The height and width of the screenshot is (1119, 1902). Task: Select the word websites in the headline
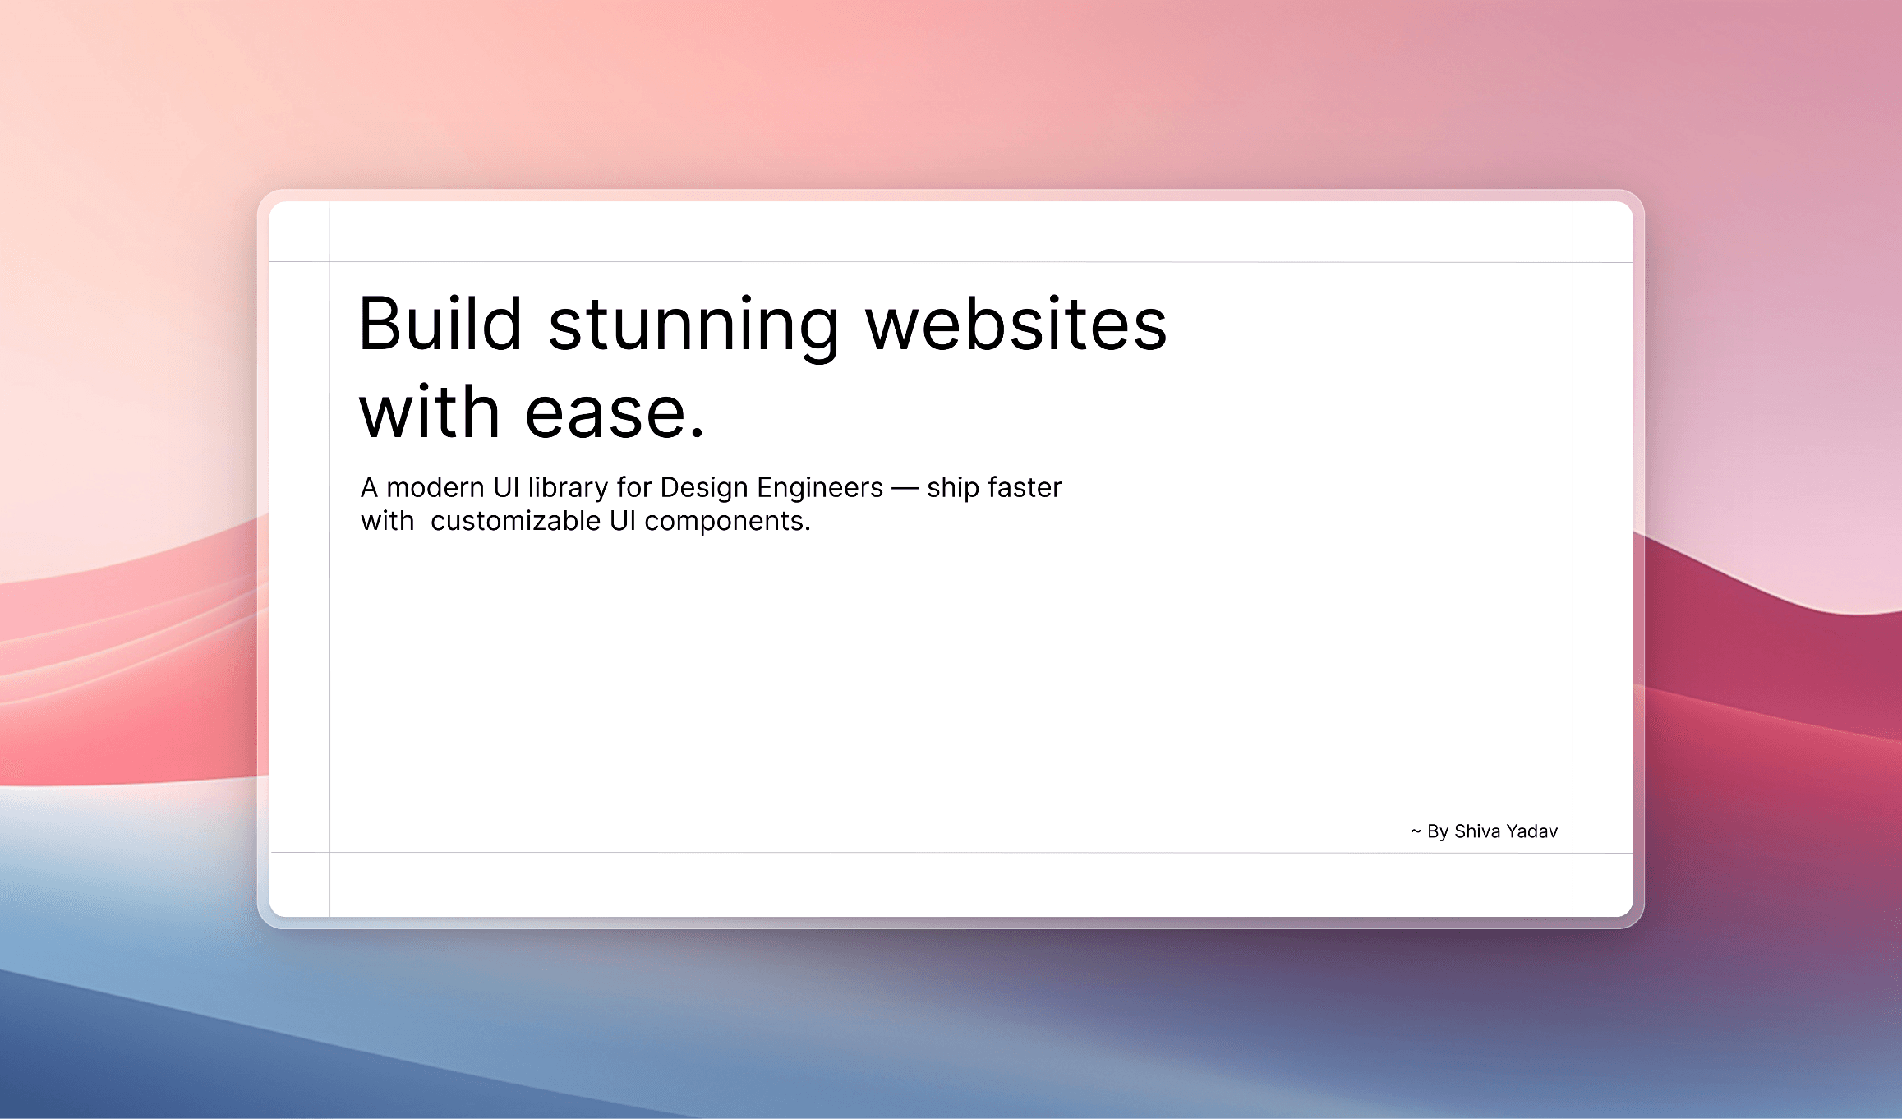[x=1016, y=324]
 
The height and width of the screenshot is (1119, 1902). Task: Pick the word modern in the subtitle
[x=435, y=488]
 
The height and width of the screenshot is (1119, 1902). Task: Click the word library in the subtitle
[x=569, y=489]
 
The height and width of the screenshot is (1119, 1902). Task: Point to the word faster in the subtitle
[x=1025, y=488]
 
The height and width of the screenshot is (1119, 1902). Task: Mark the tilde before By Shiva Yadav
[x=1416, y=831]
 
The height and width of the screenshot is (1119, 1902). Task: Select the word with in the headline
[x=429, y=410]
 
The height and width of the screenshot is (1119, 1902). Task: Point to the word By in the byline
[x=1438, y=832]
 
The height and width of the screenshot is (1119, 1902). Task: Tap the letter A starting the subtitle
[x=370, y=488]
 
